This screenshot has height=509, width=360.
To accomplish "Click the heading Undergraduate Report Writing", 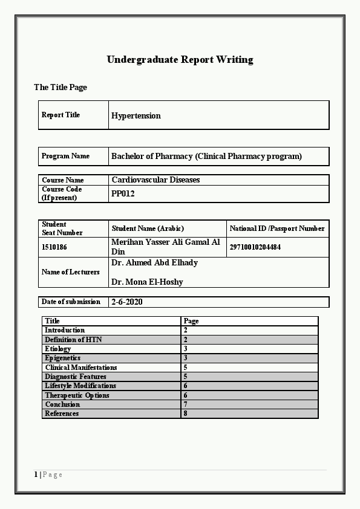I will pyautogui.click(x=180, y=59).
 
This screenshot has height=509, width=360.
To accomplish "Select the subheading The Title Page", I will pyautogui.click(x=61, y=88).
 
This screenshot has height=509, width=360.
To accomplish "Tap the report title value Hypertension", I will pyautogui.click(x=136, y=115).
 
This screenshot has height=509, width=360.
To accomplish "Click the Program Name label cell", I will pyautogui.click(x=65, y=156).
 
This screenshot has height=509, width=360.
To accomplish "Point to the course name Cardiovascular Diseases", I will pyautogui.click(x=155, y=180).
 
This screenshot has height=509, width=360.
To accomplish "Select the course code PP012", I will pyautogui.click(x=123, y=194).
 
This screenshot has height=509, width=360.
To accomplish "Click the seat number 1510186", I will pyautogui.click(x=54, y=247).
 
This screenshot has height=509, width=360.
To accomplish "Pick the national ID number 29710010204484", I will pyautogui.click(x=255, y=247).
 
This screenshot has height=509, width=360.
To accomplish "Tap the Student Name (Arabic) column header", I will pyautogui.click(x=148, y=229).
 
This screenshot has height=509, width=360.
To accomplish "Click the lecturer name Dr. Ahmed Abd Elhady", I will pyautogui.click(x=154, y=263).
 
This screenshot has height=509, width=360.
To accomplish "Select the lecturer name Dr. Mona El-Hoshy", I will pyautogui.click(x=147, y=282).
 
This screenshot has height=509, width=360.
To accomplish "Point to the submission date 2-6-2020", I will pyautogui.click(x=127, y=302).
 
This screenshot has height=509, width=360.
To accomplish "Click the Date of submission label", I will pyautogui.click(x=71, y=302).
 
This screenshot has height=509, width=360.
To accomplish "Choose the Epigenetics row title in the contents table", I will pyautogui.click(x=62, y=358).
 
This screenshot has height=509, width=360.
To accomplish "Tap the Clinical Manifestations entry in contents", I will pyautogui.click(x=81, y=368).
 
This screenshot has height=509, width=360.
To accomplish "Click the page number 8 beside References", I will pyautogui.click(x=185, y=413).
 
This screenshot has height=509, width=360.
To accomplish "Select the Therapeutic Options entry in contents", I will pyautogui.click(x=77, y=395).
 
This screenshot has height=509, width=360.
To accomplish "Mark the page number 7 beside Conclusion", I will pyautogui.click(x=185, y=404).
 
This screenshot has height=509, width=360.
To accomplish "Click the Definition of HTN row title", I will pyautogui.click(x=73, y=340).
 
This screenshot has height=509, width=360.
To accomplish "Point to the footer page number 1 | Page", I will pyautogui.click(x=48, y=475).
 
